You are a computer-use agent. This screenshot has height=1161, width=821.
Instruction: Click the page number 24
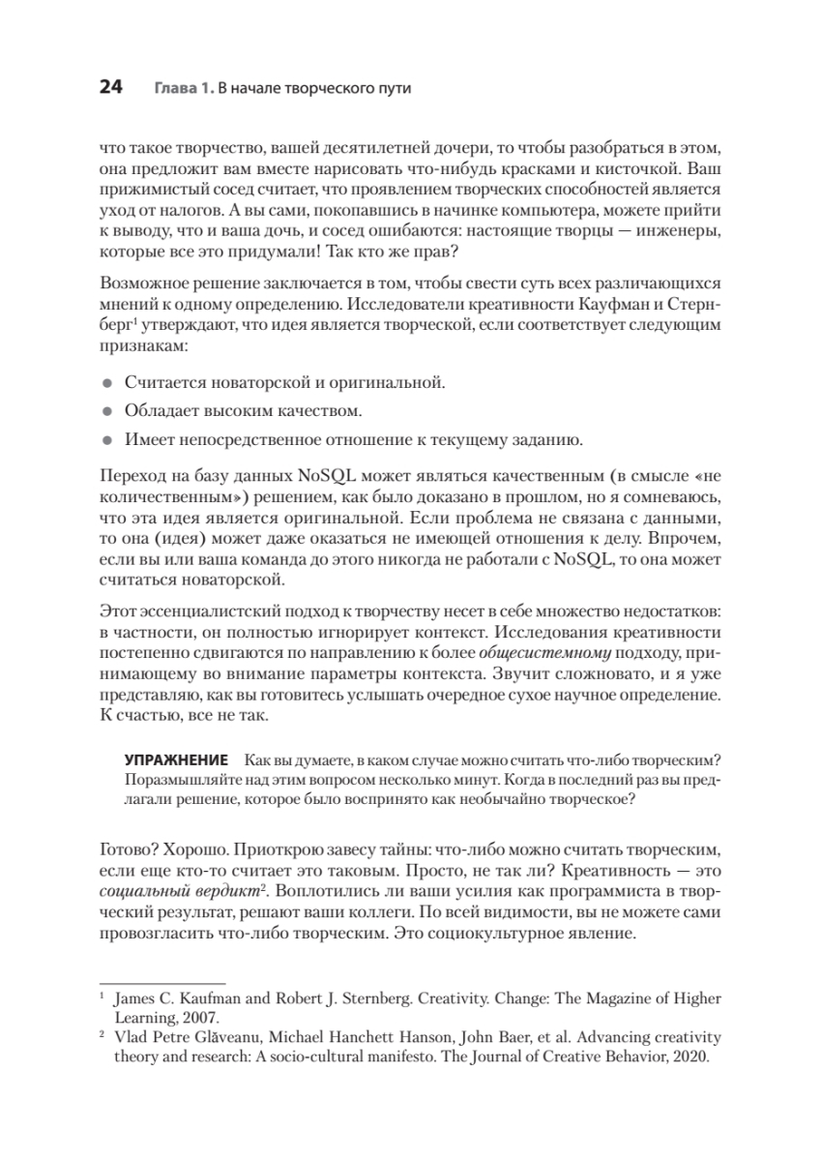coord(110,88)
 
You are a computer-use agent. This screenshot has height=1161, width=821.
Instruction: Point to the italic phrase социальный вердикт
coord(161,891)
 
